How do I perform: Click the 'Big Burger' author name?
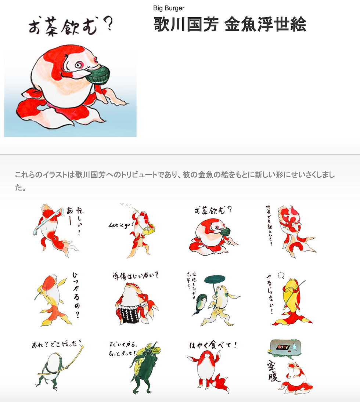point(169,8)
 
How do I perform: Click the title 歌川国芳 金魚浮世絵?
point(230,25)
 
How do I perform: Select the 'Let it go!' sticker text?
point(121,225)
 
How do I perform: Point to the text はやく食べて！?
point(213,345)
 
